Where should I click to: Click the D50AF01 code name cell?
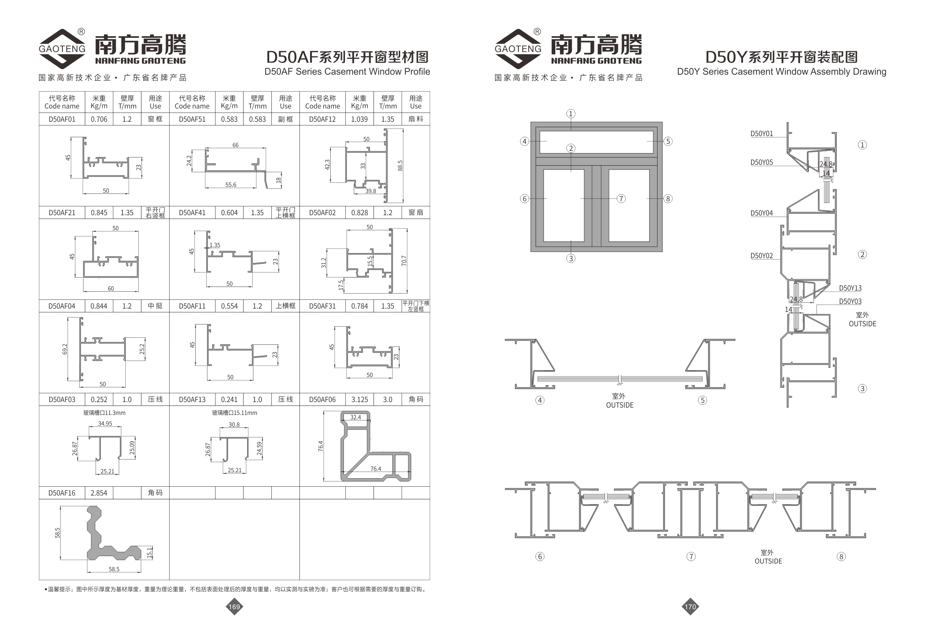pyautogui.click(x=62, y=119)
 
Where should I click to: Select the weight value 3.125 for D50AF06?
pyautogui.click(x=359, y=399)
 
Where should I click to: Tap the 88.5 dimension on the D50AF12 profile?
pyautogui.click(x=400, y=165)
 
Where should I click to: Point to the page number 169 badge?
pyautogui.click(x=234, y=607)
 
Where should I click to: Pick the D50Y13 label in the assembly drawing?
pyautogui.click(x=850, y=288)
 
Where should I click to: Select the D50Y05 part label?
pyautogui.click(x=761, y=162)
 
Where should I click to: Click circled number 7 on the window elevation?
pyautogui.click(x=621, y=198)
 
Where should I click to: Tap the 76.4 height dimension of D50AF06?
pyautogui.click(x=321, y=446)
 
